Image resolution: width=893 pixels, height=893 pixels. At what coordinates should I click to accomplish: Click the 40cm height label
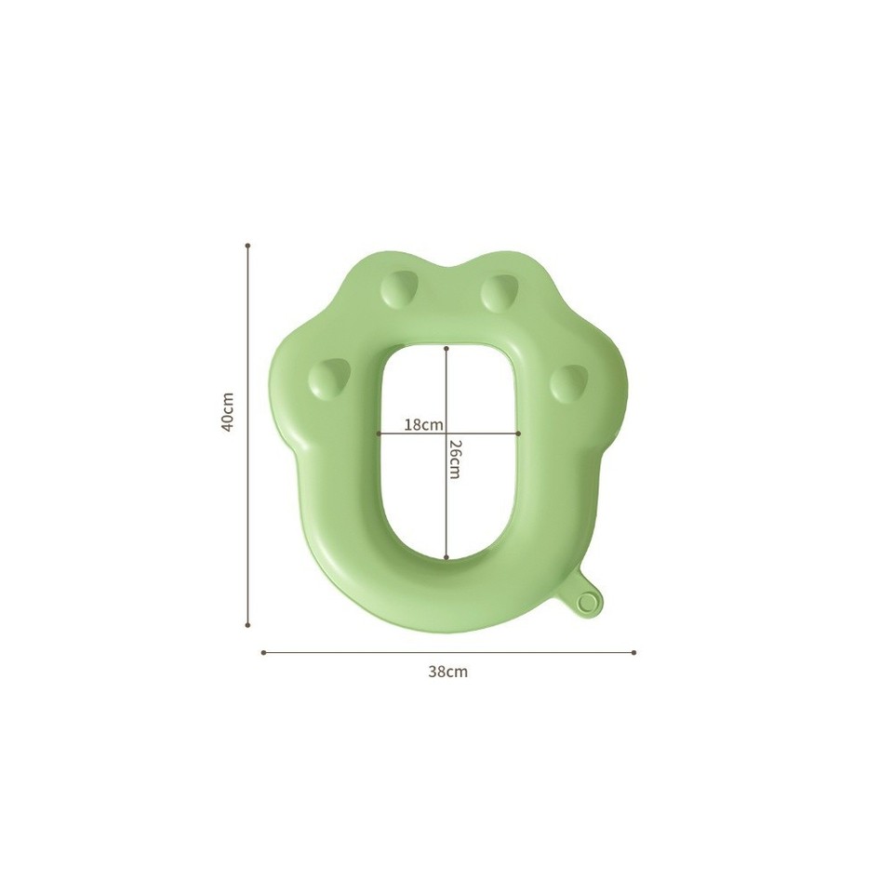tap(227, 409)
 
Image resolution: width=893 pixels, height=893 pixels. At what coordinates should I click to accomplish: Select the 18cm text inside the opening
tap(423, 424)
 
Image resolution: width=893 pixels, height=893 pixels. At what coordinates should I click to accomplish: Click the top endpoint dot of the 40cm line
tap(247, 246)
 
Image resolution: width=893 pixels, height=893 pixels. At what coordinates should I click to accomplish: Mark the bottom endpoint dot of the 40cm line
tap(247, 625)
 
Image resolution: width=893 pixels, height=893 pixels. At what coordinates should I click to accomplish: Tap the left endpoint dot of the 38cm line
tap(264, 652)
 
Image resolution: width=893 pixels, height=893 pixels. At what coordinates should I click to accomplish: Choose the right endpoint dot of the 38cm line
tap(634, 652)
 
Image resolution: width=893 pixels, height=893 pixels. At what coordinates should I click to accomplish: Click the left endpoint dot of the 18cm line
tap(379, 433)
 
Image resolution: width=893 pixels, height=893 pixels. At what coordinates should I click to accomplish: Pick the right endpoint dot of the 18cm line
tap(517, 433)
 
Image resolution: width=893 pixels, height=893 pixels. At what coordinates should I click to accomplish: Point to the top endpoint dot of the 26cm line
tap(447, 349)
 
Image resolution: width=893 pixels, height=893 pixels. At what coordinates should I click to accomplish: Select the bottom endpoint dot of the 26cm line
tap(447, 557)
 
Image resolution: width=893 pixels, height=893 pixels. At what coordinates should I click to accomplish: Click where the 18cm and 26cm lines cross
tap(447, 433)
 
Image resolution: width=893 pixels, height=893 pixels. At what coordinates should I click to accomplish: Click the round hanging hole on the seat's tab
tap(585, 603)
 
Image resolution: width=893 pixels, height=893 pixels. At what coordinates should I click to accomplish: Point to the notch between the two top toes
tap(448, 269)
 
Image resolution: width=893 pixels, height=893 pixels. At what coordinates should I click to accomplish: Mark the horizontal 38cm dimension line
tap(372, 652)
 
